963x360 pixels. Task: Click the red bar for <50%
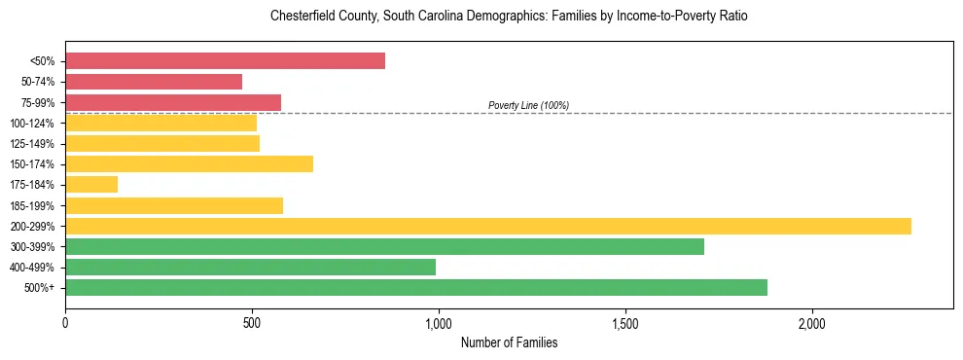click(225, 61)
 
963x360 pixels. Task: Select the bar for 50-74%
click(154, 82)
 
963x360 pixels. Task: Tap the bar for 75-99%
click(173, 102)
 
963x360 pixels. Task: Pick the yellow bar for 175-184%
click(91, 184)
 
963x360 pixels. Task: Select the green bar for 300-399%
click(384, 246)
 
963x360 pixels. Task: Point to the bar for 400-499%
click(250, 267)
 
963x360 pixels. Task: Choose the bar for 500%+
click(416, 287)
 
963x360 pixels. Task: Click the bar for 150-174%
click(189, 163)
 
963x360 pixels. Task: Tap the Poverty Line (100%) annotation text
click(528, 105)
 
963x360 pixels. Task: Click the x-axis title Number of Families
click(509, 342)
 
